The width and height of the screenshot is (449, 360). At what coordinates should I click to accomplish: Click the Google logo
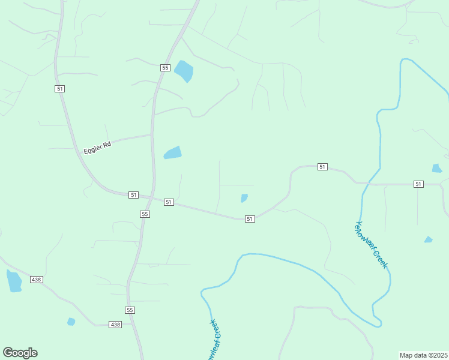pos(20,353)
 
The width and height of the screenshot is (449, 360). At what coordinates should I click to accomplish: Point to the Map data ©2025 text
pos(423,355)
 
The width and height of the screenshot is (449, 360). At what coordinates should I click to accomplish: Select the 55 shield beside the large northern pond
pos(165,68)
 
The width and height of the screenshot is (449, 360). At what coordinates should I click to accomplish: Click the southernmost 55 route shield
pos(130,310)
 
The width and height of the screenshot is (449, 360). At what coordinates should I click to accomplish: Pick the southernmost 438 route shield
pos(115,324)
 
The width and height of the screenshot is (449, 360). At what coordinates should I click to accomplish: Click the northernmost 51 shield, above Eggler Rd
pos(59,88)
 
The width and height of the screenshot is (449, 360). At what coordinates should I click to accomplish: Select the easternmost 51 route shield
pos(418,184)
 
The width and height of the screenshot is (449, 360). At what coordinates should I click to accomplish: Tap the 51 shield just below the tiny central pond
pos(250,219)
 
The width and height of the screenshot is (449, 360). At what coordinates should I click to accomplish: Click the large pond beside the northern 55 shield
pos(184,71)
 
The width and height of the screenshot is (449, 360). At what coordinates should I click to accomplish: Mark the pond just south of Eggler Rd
pos(173,153)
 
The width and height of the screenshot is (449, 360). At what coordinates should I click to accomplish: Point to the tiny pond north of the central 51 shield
pos(244,198)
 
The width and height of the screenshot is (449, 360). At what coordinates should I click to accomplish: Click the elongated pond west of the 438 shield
pos(14,281)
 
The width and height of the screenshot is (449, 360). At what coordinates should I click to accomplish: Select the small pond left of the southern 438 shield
pos(71,322)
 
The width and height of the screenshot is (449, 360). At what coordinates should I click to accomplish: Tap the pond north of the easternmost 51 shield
pos(437,169)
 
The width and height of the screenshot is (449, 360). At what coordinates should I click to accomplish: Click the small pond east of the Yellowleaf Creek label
pos(428,239)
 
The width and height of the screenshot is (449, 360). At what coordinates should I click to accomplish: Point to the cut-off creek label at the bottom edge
pos(214,340)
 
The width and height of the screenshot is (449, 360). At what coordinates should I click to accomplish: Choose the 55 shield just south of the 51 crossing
pos(145,214)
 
